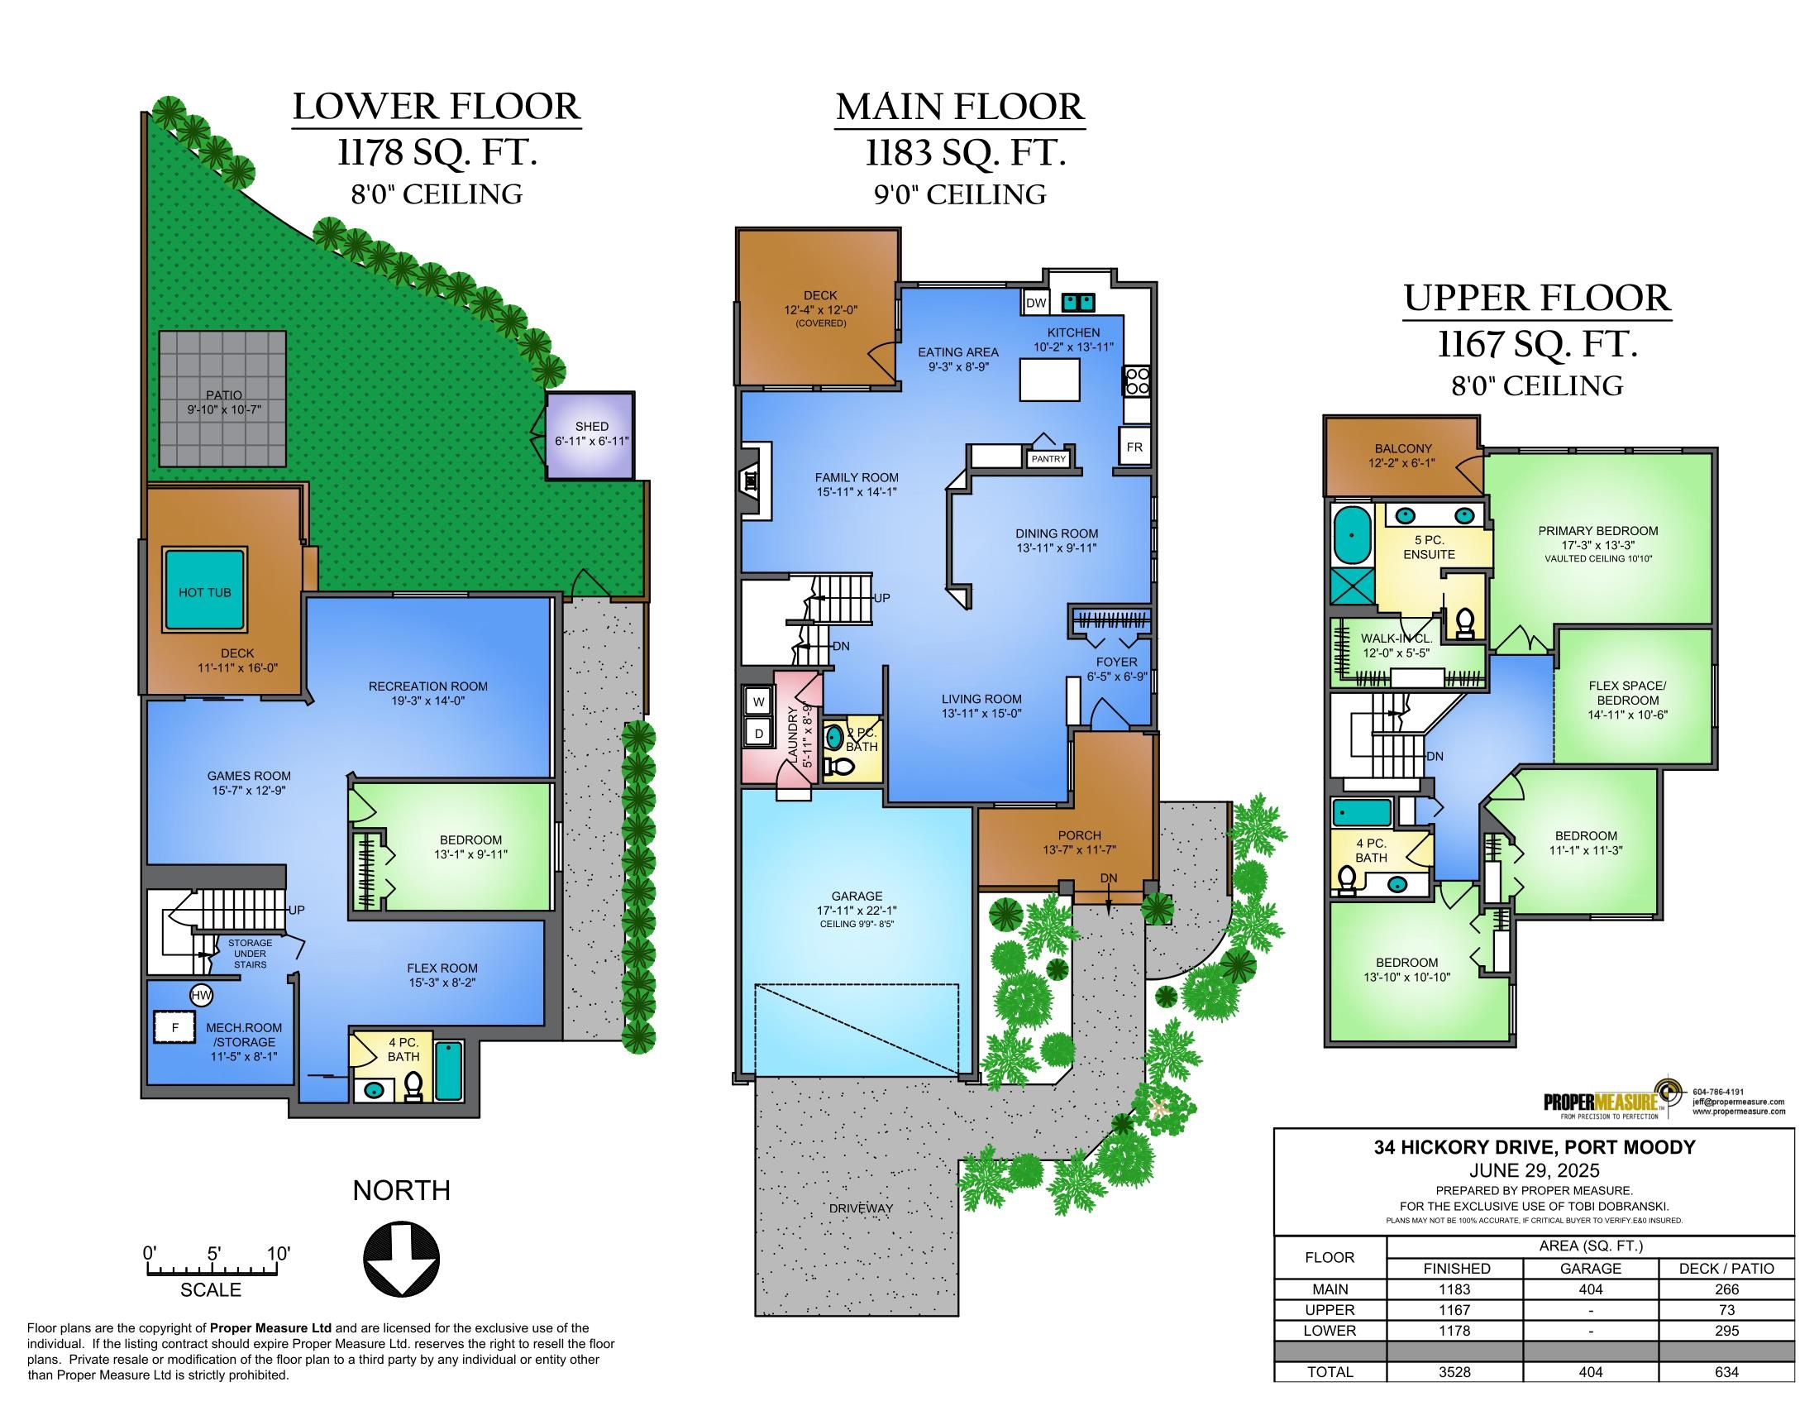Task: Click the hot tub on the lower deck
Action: tap(205, 589)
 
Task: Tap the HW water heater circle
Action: tap(201, 994)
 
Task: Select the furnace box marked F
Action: tap(175, 1027)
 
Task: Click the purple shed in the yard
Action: tap(590, 437)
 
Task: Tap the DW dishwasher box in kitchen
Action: tap(1035, 303)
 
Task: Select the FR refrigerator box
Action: tap(1134, 447)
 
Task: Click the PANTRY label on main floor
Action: tap(1048, 459)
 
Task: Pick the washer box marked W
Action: tap(759, 702)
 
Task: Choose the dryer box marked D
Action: tap(759, 734)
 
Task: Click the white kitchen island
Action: tap(1049, 380)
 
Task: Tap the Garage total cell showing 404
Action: tap(1590, 1372)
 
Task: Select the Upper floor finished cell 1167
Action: tap(1454, 1310)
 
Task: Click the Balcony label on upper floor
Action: tap(1402, 448)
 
